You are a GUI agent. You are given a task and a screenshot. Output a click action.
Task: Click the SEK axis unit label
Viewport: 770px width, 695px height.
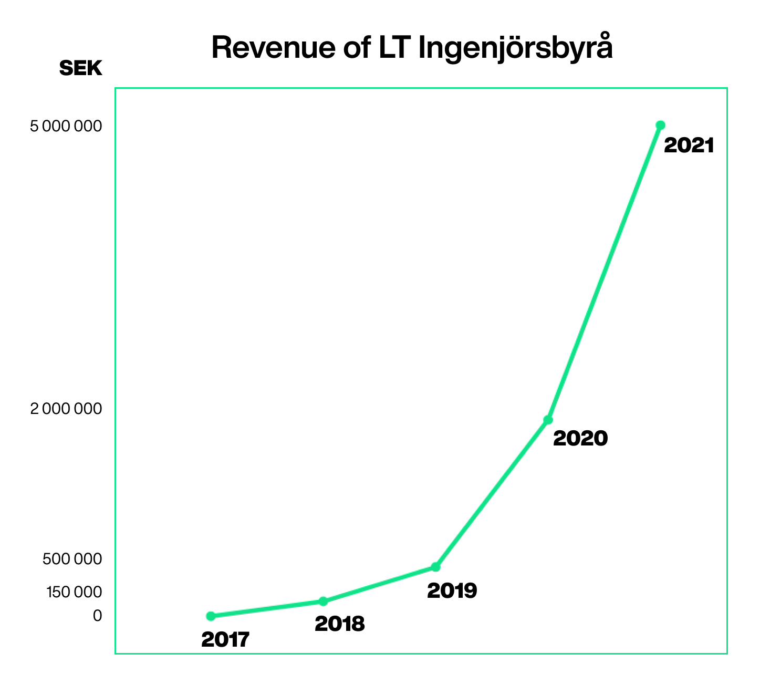click(81, 68)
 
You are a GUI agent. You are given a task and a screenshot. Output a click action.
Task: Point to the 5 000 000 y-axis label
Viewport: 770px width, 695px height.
click(66, 127)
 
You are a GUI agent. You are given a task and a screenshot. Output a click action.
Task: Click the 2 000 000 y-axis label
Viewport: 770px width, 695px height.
click(66, 408)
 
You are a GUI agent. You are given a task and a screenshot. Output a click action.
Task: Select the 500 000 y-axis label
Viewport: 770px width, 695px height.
click(72, 559)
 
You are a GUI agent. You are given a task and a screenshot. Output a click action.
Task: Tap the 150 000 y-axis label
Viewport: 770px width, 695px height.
click(74, 592)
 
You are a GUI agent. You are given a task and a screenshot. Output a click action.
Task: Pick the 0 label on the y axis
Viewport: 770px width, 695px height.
click(97, 615)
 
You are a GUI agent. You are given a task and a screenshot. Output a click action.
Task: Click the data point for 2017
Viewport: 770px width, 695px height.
click(211, 616)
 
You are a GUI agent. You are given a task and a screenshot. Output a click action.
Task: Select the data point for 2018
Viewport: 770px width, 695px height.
click(323, 601)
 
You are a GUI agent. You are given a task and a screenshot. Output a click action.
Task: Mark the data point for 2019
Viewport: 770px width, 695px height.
click(435, 567)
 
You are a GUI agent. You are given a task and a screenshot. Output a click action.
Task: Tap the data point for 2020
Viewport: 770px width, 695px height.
click(548, 420)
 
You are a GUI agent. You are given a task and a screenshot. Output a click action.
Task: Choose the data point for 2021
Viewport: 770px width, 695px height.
click(660, 125)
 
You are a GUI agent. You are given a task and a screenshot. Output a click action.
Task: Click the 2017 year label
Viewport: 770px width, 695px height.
click(225, 639)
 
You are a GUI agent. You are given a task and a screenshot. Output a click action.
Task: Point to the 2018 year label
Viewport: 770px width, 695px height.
click(339, 624)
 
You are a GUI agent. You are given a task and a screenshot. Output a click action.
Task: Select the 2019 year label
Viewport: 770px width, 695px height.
click(452, 590)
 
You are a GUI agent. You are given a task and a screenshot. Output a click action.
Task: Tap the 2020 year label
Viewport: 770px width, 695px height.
click(580, 438)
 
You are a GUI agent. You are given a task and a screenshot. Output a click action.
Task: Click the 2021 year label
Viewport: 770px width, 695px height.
click(689, 146)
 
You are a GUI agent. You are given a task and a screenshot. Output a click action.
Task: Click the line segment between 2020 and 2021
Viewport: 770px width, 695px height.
click(604, 272)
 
